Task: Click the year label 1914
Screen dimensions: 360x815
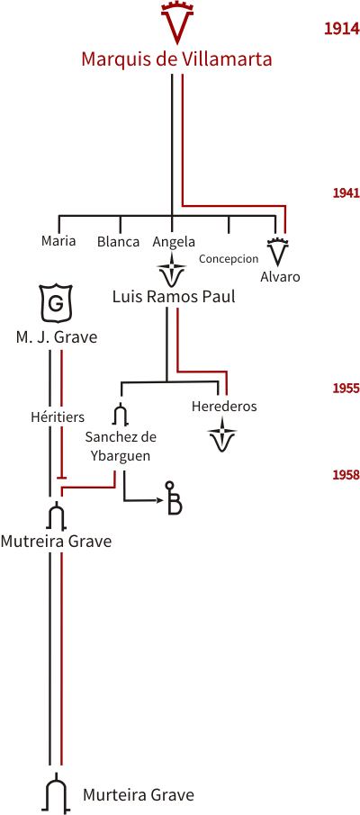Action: point(342,29)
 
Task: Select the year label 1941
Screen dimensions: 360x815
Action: point(346,193)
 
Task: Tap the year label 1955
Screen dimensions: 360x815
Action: point(346,389)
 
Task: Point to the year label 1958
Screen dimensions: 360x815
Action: point(346,475)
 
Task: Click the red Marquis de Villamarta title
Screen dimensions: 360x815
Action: point(177,59)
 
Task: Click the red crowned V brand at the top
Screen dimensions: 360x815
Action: point(177,22)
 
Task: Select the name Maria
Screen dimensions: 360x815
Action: point(58,241)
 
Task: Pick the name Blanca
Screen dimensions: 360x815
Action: point(118,242)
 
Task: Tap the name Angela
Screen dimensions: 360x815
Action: point(174,242)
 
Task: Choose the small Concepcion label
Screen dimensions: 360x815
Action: point(229,258)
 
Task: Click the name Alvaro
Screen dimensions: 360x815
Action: point(280,276)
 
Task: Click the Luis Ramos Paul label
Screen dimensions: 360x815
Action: point(174,297)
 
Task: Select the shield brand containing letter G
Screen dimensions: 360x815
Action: point(55,302)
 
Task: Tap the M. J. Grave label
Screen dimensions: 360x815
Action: point(56,336)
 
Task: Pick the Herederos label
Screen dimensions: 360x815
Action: point(224,406)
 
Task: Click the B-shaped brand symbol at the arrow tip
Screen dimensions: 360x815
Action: point(174,498)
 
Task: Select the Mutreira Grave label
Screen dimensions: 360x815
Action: point(56,541)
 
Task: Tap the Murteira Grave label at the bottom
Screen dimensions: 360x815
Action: point(139,794)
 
